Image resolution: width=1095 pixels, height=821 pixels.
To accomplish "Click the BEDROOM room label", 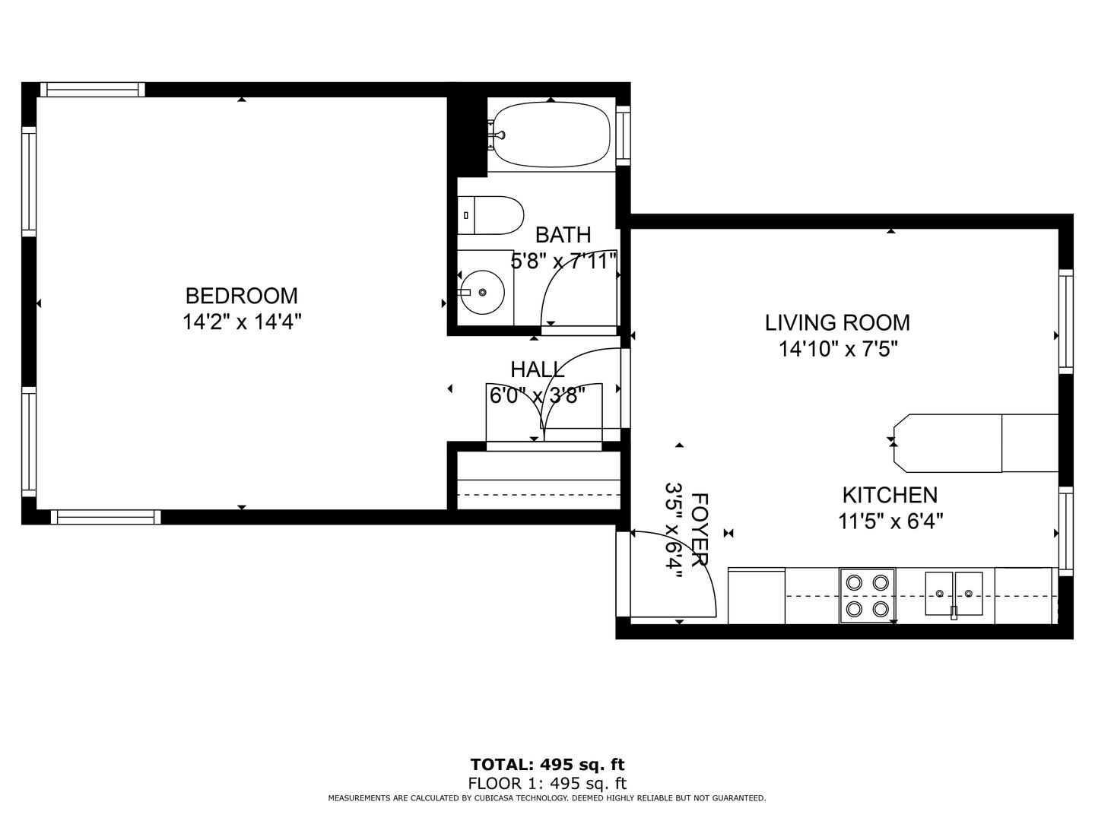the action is tap(242, 296).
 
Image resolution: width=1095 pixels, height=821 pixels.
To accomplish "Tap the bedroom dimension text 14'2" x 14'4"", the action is tap(242, 322).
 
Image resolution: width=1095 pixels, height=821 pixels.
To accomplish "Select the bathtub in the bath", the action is tap(551, 135).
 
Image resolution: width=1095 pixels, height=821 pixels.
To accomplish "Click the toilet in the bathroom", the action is tap(490, 215).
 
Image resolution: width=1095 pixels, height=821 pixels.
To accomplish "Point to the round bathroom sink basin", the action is tap(482, 292).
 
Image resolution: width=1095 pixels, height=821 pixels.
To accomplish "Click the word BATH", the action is tap(563, 234).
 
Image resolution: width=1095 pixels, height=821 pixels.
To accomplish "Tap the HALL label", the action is tap(538, 369).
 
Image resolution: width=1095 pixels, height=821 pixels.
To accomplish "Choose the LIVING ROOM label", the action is tap(837, 322).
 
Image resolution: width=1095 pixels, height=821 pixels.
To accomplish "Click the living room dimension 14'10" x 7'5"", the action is tap(838, 349).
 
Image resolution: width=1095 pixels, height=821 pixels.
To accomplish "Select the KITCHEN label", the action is tap(890, 495).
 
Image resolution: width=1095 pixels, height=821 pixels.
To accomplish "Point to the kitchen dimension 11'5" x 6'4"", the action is tap(890, 521).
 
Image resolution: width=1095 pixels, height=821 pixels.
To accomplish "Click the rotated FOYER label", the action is tap(700, 529).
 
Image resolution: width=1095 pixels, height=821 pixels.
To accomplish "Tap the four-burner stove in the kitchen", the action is tap(868, 596).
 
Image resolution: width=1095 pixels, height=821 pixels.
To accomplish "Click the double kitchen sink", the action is tap(954, 594).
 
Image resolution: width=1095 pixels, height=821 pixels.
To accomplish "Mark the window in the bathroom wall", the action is tap(623, 135).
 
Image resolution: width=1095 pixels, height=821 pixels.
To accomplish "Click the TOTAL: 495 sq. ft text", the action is tap(547, 764).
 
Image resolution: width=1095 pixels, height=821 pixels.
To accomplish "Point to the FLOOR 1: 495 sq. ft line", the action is tap(547, 783).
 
